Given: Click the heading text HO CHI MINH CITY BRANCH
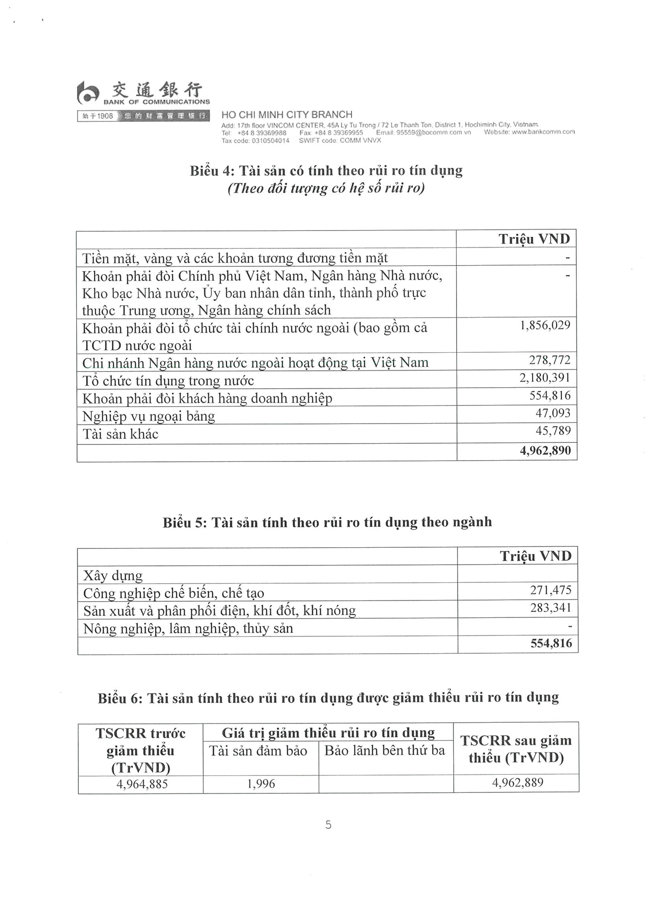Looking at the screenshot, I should (x=287, y=115).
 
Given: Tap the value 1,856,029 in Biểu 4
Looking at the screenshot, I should (x=545, y=325).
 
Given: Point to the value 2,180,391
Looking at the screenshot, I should (x=545, y=378).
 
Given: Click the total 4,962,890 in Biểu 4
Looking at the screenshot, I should (x=545, y=450).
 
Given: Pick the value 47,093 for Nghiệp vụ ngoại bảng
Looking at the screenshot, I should (x=552, y=413).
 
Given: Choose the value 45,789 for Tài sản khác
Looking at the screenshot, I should (x=552, y=431).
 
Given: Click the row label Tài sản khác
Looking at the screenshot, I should (x=120, y=434).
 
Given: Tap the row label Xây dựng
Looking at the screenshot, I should (x=113, y=576).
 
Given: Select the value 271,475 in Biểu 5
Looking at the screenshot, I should (x=551, y=590).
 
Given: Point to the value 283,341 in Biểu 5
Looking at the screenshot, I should (x=551, y=608).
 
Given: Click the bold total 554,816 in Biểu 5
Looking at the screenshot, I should (x=551, y=644).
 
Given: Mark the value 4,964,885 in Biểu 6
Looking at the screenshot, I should (x=142, y=784).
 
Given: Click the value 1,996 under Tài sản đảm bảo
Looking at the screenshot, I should (x=261, y=784).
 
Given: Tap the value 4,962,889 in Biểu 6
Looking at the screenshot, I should (x=517, y=783).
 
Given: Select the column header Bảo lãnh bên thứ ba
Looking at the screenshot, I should (x=385, y=751).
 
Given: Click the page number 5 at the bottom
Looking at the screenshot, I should (x=328, y=825).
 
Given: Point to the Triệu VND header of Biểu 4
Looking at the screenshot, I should (x=534, y=239).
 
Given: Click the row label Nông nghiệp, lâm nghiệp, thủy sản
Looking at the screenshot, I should (x=188, y=629).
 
